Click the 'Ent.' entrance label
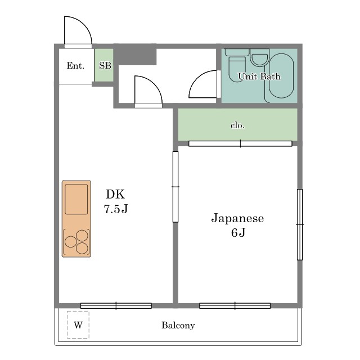click(x=75, y=66)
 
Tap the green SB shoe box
click(x=103, y=65)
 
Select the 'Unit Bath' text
click(x=259, y=76)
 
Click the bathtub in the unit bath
click(x=281, y=76)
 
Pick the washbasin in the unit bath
click(x=260, y=57)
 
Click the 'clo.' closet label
click(x=237, y=125)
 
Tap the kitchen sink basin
click(x=76, y=199)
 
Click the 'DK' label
click(x=115, y=195)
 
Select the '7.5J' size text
click(x=115, y=209)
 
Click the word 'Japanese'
click(x=237, y=218)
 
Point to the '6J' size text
click(x=238, y=232)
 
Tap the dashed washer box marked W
click(x=78, y=325)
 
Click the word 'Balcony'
click(x=178, y=325)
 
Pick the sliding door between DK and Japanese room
click(x=175, y=187)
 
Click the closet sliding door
click(x=240, y=144)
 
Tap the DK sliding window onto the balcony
click(x=116, y=305)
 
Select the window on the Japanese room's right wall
click(x=300, y=224)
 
